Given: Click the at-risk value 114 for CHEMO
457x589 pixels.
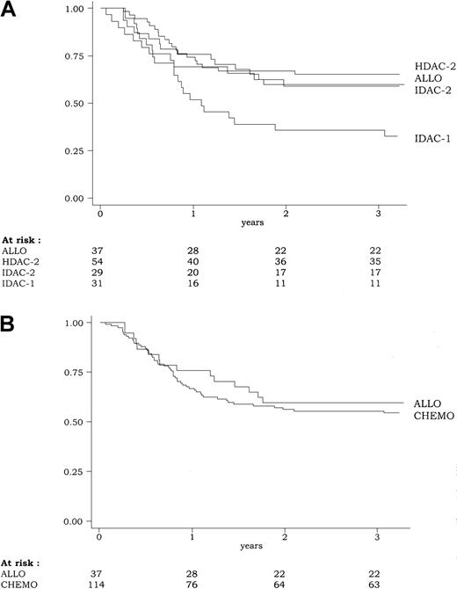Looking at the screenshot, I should [x=104, y=578].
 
